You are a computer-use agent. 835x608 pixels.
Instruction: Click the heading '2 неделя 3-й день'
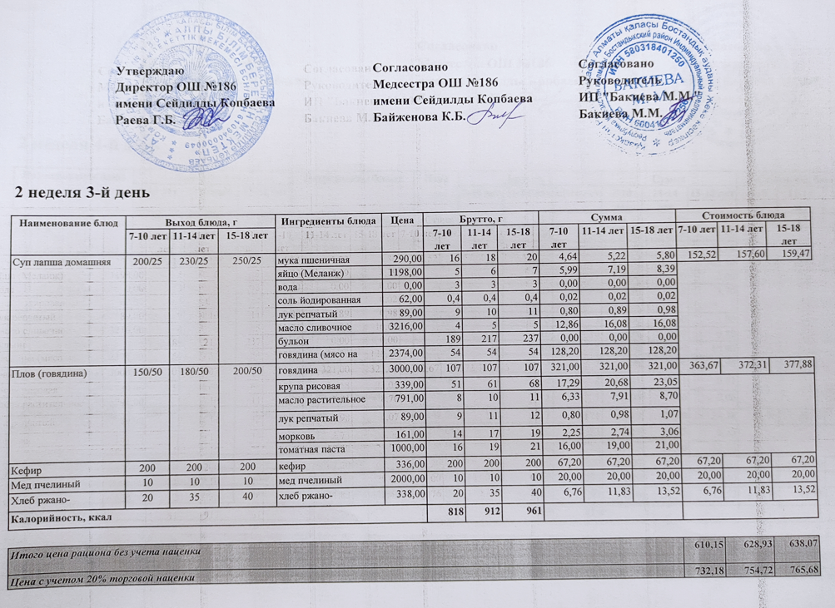coord(82,192)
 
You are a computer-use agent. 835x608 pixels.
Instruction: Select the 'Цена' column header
coord(403,220)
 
